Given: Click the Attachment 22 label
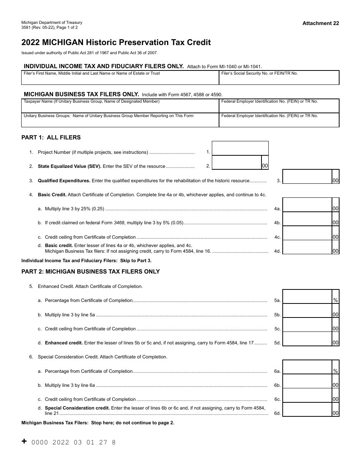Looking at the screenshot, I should coord(321,23).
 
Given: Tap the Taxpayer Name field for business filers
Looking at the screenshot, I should coord(120,106).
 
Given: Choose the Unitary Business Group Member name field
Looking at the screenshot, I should coord(120,120).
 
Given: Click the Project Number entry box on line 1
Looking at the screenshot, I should coord(240,148).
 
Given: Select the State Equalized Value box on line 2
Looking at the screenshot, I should coord(236,162).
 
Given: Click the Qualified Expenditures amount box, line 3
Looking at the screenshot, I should coord(307,177).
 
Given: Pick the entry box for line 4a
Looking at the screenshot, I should coord(307,205).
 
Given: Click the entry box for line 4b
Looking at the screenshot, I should coord(307,219).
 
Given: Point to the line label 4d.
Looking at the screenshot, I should coord(277,251).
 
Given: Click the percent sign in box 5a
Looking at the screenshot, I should coord(335,300).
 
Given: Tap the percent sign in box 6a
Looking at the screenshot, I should coord(335,371).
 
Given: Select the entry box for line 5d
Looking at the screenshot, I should coord(307,339).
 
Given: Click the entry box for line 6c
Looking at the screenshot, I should coord(307,396).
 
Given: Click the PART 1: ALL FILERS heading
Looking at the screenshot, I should coord(51,138).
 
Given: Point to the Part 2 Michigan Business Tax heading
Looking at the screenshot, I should coord(91,272).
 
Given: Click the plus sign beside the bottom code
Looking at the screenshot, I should coord(24,441).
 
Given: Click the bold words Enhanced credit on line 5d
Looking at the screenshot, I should coord(64,343).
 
